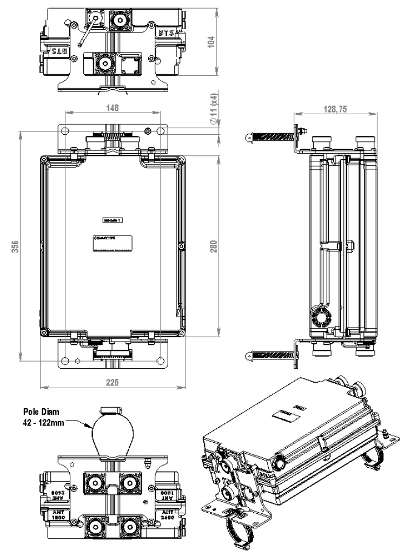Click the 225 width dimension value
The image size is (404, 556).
pos(112,382)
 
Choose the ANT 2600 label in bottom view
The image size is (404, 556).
pos(169,512)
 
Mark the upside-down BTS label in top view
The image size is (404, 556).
pos(57,51)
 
